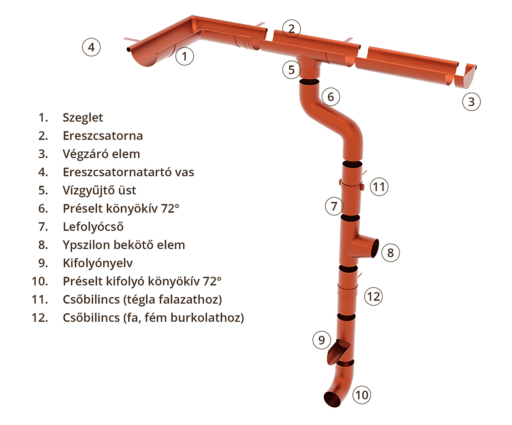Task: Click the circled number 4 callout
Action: coord(91,47)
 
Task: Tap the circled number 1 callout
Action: coord(184,56)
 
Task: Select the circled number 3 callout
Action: coord(471,102)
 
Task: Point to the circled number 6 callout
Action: coord(331,96)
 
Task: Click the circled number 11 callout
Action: coord(379,186)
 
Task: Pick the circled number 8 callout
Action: coord(390,252)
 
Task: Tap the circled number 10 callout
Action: coord(362,395)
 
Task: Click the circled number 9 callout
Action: coord(321,340)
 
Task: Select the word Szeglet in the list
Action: coord(83,118)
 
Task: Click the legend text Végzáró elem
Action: coord(101,154)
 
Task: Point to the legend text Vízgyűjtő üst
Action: coord(99,191)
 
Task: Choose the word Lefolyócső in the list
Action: coord(93,227)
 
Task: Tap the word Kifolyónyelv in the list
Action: coord(98,263)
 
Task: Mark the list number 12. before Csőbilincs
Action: coord(40,317)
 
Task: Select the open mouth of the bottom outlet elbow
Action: coord(332,399)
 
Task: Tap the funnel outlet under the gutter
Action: coord(309,67)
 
